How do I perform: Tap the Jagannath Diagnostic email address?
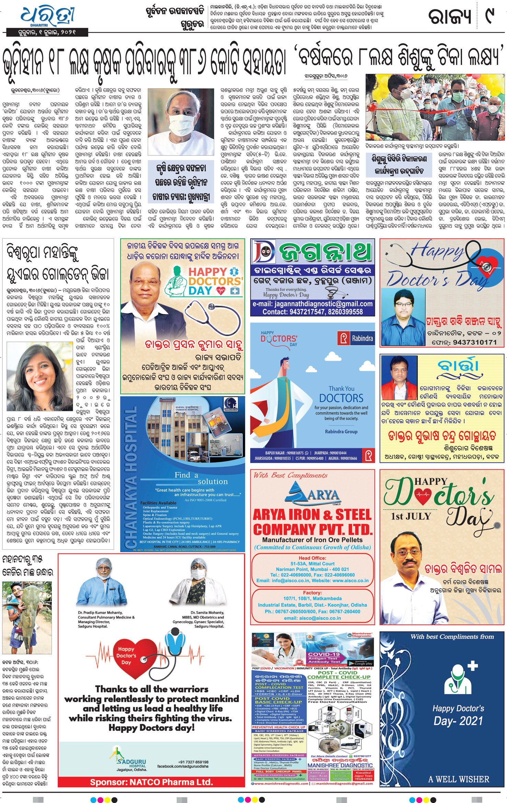coord(312,304)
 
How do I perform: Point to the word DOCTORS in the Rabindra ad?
coord(341,398)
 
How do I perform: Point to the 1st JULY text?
coord(410,516)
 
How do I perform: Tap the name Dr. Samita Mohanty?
coord(207,612)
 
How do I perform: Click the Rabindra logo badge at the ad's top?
coord(356,338)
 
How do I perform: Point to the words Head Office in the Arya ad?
coord(312,558)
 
